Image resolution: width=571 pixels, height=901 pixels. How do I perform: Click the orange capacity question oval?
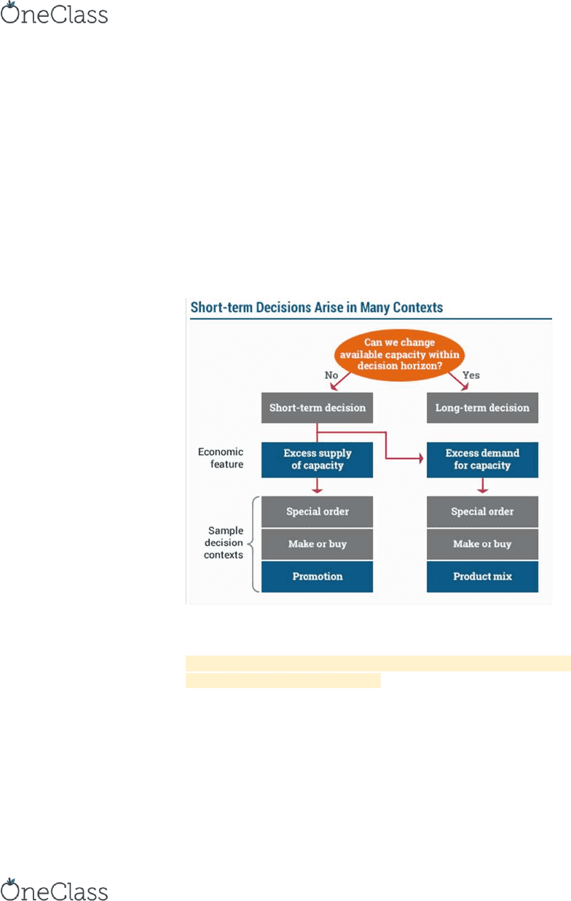[x=399, y=354]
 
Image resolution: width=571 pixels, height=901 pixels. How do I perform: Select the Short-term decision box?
[x=317, y=407]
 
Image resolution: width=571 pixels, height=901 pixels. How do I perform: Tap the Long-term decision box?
[x=482, y=407]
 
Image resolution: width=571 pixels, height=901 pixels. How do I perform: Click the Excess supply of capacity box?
[x=317, y=460]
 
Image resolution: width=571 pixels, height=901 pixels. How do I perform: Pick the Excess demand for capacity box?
[x=482, y=460]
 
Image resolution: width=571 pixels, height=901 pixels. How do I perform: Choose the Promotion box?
[x=317, y=577]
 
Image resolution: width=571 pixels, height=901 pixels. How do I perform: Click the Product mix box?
[x=482, y=577]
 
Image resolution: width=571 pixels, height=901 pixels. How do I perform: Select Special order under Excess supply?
[x=317, y=512]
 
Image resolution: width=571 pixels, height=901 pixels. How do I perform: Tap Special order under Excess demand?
[x=482, y=512]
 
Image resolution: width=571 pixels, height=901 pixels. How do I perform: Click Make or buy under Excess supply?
[x=317, y=545]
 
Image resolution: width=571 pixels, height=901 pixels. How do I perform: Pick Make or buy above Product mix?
[x=482, y=545]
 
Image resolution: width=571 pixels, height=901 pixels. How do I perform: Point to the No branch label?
[x=331, y=375]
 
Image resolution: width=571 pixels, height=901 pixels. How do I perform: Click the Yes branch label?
[x=471, y=375]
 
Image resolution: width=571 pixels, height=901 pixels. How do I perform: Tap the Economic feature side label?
[x=221, y=458]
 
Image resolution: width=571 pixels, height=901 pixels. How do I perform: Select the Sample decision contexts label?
[x=224, y=542]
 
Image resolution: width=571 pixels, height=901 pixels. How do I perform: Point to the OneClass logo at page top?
[x=54, y=13]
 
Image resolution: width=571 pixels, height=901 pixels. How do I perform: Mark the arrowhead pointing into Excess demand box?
[x=421, y=458]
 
